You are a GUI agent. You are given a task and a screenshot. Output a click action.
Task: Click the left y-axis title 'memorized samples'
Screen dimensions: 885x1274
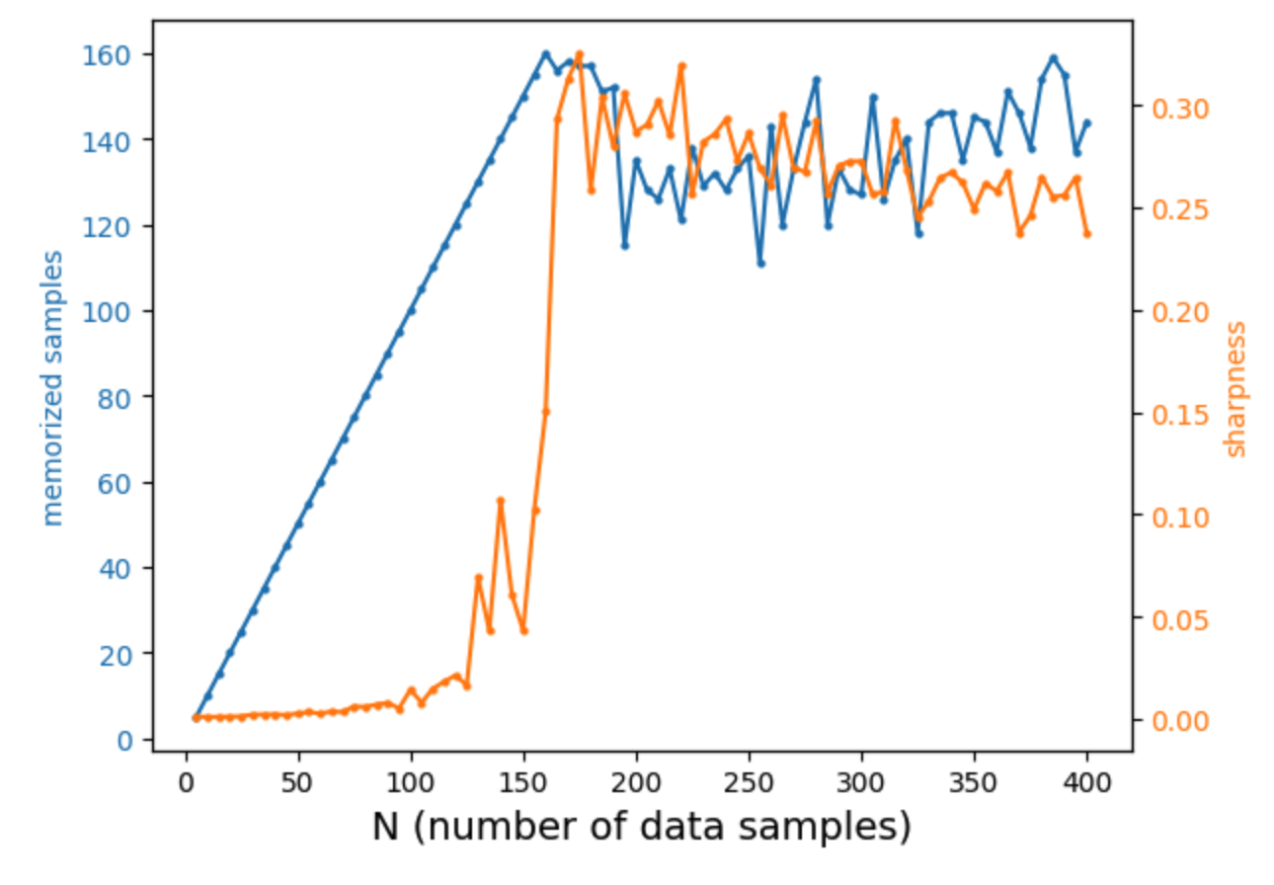click(x=54, y=388)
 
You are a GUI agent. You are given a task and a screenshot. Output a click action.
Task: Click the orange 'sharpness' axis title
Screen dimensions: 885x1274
click(x=1235, y=388)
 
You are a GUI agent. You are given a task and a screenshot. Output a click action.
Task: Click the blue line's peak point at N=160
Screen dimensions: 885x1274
click(x=545, y=53)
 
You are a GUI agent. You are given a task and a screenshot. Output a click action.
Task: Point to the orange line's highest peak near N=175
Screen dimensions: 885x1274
click(x=580, y=53)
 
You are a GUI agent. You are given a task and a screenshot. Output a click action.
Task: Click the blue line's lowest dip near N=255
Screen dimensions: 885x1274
click(x=760, y=264)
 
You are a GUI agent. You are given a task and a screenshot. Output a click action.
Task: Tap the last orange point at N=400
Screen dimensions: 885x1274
click(x=1087, y=234)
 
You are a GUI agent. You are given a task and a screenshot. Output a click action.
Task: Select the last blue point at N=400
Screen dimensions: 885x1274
click(x=1087, y=122)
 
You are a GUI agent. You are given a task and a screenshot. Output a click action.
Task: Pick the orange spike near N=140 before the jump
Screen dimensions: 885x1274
click(x=501, y=501)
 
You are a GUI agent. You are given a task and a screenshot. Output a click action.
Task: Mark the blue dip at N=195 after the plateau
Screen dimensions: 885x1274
click(x=625, y=246)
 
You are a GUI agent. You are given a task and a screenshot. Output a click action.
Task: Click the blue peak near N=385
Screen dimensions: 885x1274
click(x=1053, y=57)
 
